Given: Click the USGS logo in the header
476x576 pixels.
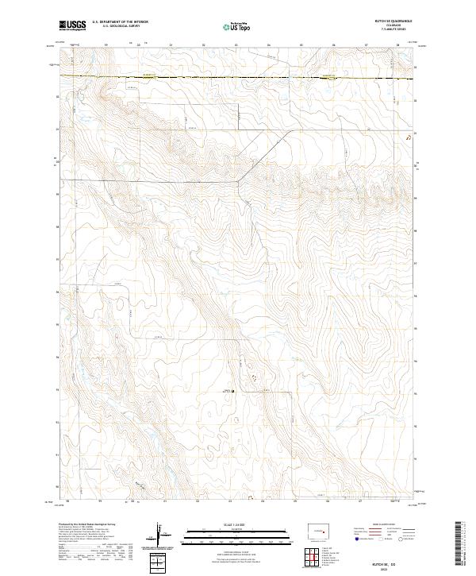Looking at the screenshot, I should coord(72,26).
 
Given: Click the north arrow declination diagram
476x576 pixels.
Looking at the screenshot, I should coord(167,536).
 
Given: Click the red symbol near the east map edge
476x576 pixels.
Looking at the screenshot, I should coord(409,137).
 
